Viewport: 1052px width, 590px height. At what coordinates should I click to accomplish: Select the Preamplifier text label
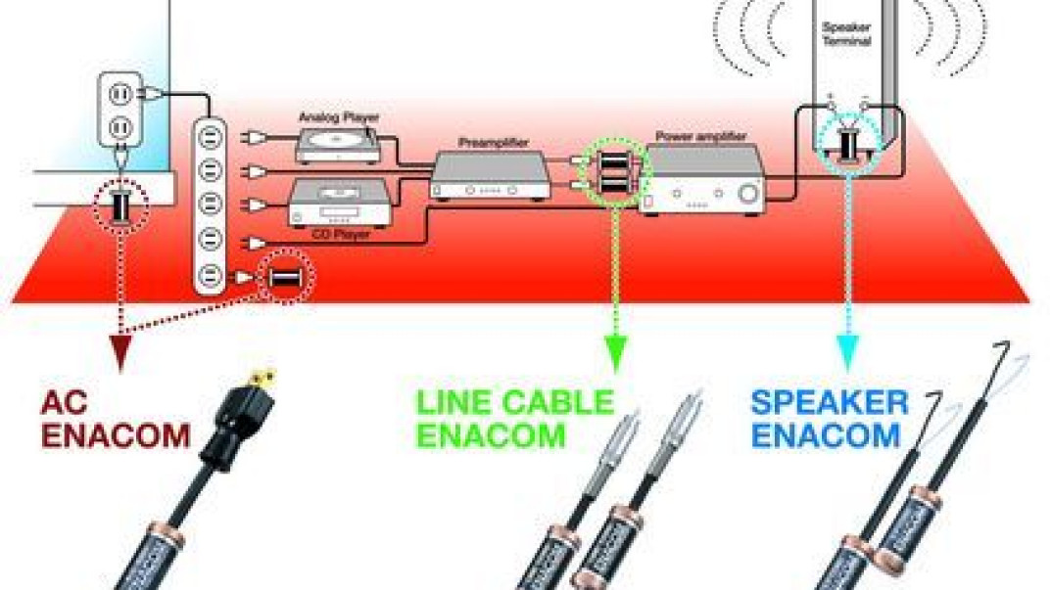(494, 143)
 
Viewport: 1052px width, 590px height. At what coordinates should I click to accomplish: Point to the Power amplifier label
(701, 136)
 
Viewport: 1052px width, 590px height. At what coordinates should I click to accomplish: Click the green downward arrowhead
(615, 354)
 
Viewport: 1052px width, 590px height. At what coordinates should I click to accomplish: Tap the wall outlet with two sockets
(120, 111)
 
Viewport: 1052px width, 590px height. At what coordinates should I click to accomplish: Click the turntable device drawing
(337, 145)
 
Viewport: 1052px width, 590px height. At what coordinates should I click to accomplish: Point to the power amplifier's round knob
(748, 195)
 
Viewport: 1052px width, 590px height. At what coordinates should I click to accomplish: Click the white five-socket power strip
(211, 205)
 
